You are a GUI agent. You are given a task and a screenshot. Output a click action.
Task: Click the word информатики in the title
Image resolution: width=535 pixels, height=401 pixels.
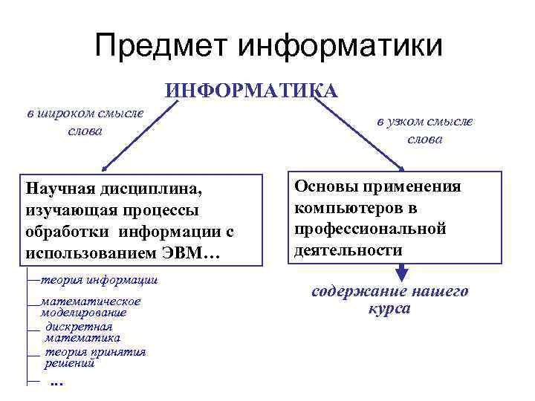coord(340,47)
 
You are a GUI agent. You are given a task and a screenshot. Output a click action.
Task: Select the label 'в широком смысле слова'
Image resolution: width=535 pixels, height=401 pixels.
coord(83,122)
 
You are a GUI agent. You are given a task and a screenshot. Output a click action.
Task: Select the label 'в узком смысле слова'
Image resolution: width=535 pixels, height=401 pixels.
coord(424,130)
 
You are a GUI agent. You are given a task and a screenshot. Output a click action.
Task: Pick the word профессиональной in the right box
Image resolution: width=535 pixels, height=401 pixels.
coord(370,229)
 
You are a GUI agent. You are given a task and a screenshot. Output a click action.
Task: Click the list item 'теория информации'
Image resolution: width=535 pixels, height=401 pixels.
coord(99,280)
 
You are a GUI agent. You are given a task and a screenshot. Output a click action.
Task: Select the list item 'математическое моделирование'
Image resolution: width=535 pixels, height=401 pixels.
coord(90,307)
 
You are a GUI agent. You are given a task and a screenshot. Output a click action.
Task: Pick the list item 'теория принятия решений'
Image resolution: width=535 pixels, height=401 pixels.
coord(94,357)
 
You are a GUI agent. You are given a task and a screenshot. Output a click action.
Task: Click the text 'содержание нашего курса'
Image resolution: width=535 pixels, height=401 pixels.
coord(389,299)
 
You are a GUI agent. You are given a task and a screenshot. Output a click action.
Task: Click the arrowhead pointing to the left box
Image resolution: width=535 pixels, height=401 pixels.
coord(106,167)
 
